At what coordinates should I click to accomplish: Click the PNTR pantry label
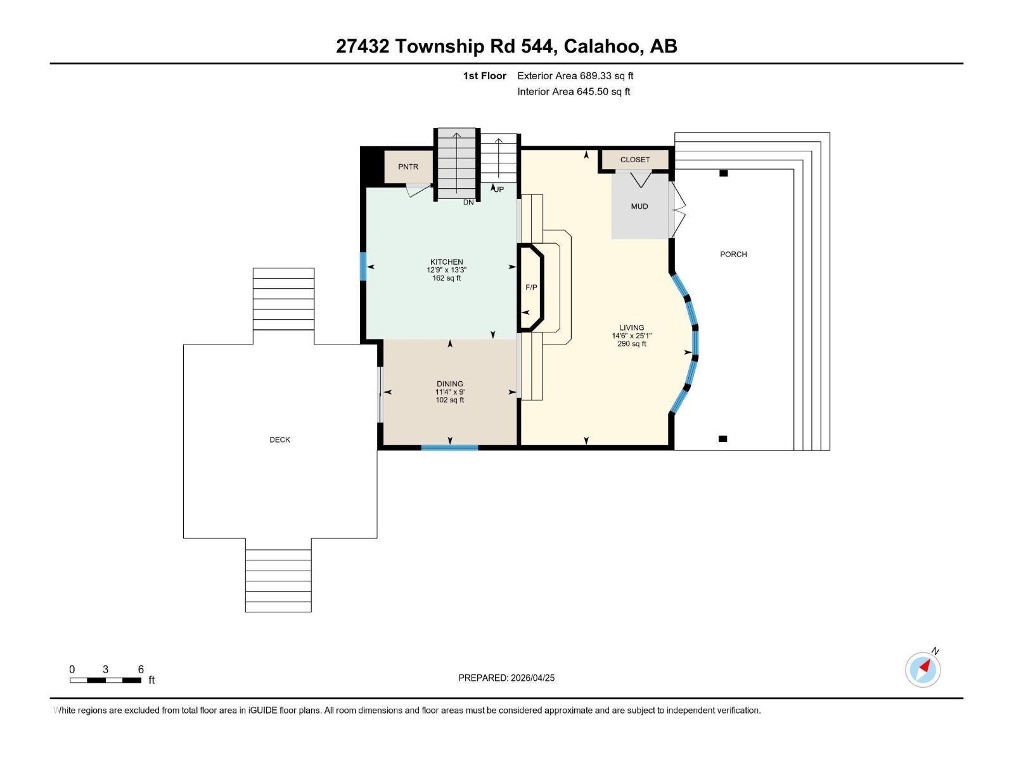(x=408, y=167)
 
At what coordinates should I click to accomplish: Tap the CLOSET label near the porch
(x=634, y=160)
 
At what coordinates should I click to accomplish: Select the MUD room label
(x=639, y=206)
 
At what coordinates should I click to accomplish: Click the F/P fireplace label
(x=531, y=288)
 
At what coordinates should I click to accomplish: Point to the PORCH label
(x=733, y=254)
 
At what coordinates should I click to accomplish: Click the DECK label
(x=279, y=440)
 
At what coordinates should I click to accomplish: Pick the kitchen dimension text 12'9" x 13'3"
(x=446, y=270)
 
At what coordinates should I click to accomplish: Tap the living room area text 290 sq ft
(x=631, y=344)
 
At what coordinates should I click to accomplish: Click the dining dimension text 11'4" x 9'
(x=449, y=392)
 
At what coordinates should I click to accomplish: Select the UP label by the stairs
(x=499, y=189)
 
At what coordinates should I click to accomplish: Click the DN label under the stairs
(x=468, y=203)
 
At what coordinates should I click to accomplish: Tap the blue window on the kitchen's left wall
(x=363, y=266)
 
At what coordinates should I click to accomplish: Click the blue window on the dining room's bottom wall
(x=449, y=448)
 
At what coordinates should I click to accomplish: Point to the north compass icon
(x=923, y=669)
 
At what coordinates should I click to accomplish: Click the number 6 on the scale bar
(x=141, y=669)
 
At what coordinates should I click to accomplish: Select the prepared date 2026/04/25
(x=532, y=678)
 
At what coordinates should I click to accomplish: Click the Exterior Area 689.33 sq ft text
(x=575, y=75)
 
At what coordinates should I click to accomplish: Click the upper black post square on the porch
(x=723, y=173)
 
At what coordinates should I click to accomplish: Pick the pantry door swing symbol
(x=418, y=189)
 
